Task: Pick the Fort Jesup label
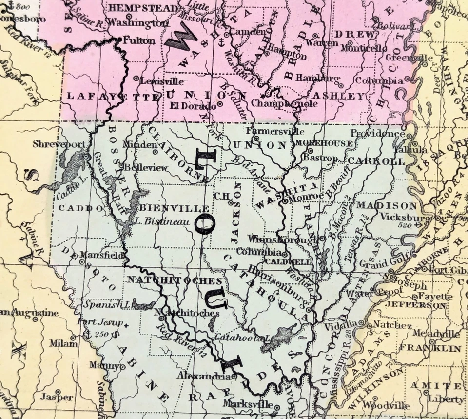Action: click(102, 322)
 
